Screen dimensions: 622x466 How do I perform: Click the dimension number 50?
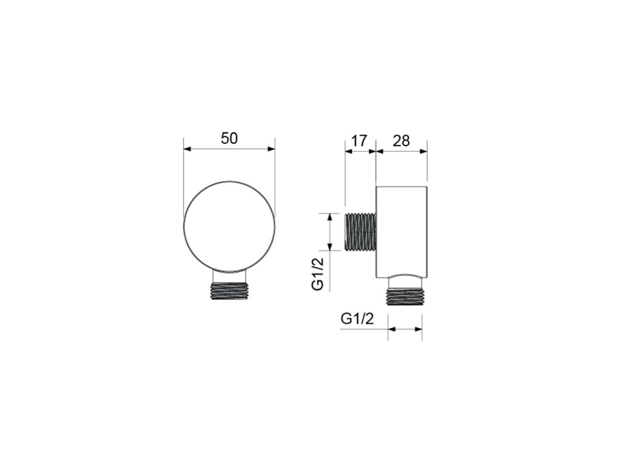[229, 138]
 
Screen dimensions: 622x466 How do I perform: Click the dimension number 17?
[359, 141]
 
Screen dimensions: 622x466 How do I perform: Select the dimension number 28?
[401, 141]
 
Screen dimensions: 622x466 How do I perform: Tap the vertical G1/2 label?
[318, 274]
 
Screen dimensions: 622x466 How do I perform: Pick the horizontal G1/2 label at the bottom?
[357, 318]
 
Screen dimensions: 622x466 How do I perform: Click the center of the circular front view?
[229, 228]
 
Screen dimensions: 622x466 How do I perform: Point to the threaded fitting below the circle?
[229, 291]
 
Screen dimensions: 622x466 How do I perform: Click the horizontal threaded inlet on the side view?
[361, 232]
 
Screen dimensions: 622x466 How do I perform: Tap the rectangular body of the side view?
[401, 231]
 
